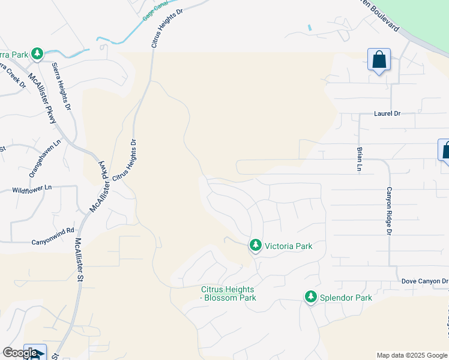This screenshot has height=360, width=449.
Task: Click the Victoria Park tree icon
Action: tap(256, 245)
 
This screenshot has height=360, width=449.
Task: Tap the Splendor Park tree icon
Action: tap(311, 297)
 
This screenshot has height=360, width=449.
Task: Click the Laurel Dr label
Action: tap(387, 113)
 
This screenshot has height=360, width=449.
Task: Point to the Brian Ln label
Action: tap(360, 159)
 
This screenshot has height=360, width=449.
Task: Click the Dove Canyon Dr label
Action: tap(424, 281)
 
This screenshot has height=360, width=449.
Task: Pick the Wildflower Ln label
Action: tap(32, 189)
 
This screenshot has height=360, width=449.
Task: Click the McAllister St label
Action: tap(79, 260)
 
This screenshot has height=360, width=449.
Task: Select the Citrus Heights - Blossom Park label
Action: tap(228, 293)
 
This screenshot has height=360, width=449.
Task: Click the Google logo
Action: tap(20, 353)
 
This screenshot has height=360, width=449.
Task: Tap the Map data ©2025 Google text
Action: tap(412, 355)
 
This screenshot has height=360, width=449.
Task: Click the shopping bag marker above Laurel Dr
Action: tap(379, 61)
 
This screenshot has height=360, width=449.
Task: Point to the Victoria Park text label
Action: tap(288, 246)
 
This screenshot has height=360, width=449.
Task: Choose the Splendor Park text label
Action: tap(346, 298)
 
